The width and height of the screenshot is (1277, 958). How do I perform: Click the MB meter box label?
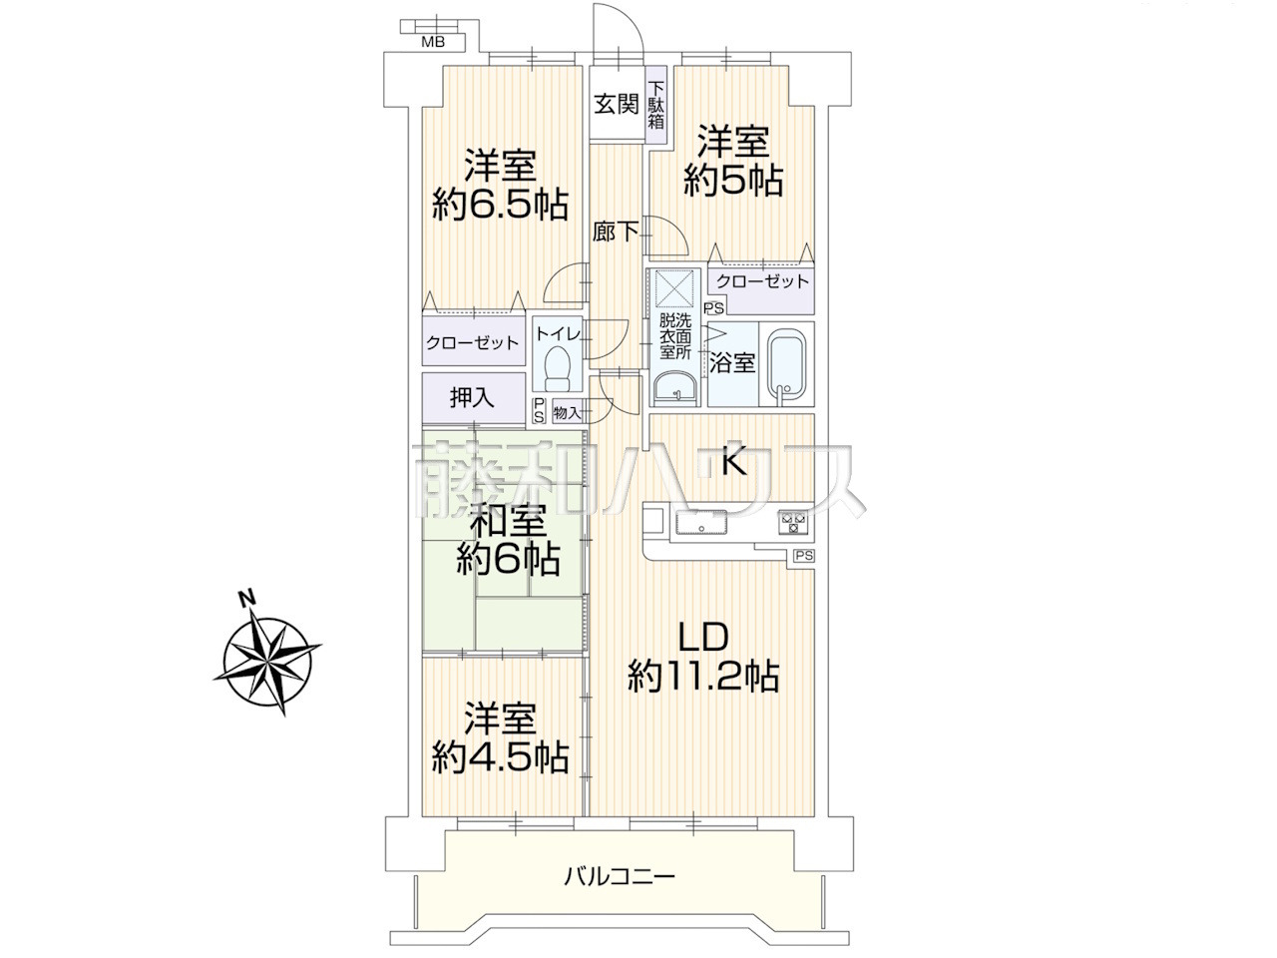click(433, 42)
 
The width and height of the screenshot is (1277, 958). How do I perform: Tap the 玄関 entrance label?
click(617, 104)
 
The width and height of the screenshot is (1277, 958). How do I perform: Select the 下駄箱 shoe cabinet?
click(656, 105)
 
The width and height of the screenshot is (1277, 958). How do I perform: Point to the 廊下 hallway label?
click(616, 232)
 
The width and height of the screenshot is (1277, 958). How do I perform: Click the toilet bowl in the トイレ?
click(558, 368)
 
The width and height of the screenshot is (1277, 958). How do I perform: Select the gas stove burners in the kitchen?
click(793, 522)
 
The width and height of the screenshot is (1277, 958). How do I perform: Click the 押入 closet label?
click(472, 397)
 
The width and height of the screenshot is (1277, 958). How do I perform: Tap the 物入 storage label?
click(568, 413)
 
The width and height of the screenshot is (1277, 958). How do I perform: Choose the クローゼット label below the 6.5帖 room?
click(472, 342)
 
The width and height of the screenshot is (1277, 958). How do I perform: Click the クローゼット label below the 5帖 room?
click(762, 281)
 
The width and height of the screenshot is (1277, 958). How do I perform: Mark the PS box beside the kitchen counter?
click(804, 556)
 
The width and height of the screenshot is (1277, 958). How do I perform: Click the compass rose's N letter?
click(247, 598)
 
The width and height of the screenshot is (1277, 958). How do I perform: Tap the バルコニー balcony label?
click(619, 892)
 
